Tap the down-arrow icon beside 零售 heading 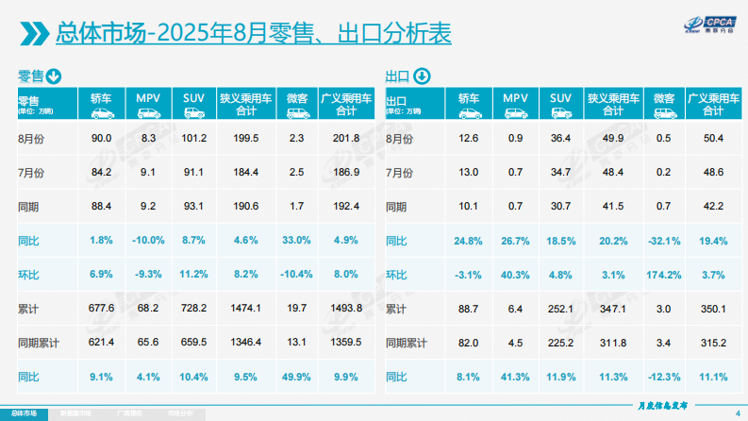[x=56, y=76]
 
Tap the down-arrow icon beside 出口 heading [x=422, y=76]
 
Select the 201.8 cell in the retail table [x=348, y=139]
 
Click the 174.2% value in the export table [x=664, y=275]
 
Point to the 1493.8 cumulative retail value [x=348, y=309]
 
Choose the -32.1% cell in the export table [x=664, y=241]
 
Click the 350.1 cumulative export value [x=713, y=309]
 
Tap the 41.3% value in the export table [x=515, y=377]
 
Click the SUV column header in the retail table [x=193, y=104]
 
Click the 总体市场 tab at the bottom [x=25, y=413]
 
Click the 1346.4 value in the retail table [x=245, y=343]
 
